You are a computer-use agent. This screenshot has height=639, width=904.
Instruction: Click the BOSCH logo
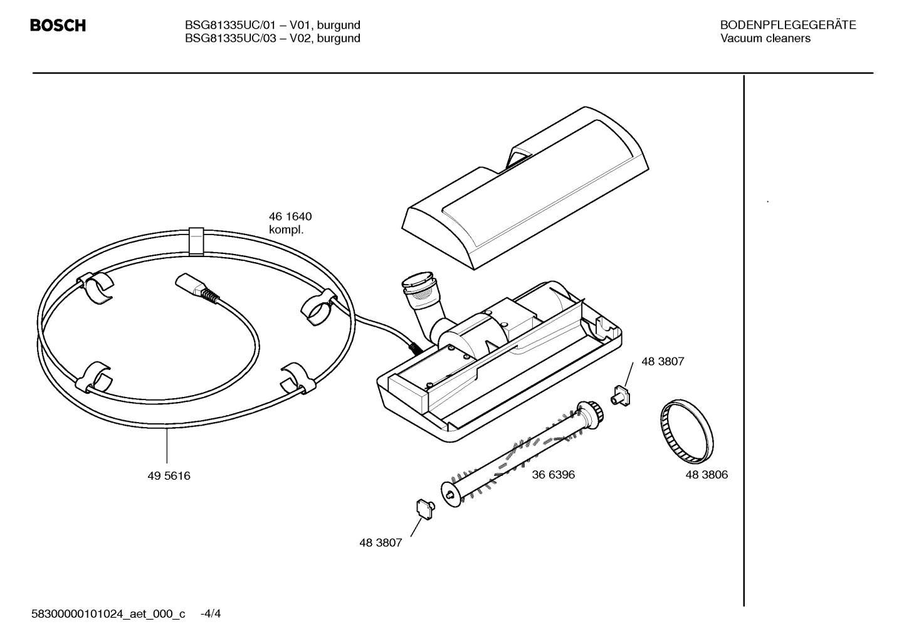click(x=58, y=26)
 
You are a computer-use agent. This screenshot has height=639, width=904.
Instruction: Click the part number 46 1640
click(x=290, y=216)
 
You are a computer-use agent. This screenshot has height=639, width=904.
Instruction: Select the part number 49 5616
click(x=169, y=476)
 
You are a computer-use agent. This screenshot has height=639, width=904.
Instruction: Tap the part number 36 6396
click(x=553, y=475)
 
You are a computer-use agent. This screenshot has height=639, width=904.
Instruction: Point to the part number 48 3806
click(x=707, y=475)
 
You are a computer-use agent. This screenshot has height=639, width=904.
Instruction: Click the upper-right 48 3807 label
click(x=663, y=362)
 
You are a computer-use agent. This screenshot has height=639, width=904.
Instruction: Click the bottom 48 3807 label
click(x=381, y=543)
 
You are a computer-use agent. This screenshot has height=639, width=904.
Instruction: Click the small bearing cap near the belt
click(x=621, y=396)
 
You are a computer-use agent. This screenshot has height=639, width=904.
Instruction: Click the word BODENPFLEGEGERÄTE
click(x=787, y=25)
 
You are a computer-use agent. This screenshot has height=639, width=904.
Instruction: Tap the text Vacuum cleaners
click(x=765, y=39)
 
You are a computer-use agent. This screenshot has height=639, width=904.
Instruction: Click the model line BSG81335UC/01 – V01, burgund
click(x=272, y=25)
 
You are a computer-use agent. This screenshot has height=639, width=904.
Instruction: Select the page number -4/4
click(x=210, y=613)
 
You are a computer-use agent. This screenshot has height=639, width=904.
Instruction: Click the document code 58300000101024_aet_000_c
click(x=108, y=613)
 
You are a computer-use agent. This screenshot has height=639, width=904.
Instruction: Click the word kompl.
click(x=286, y=230)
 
